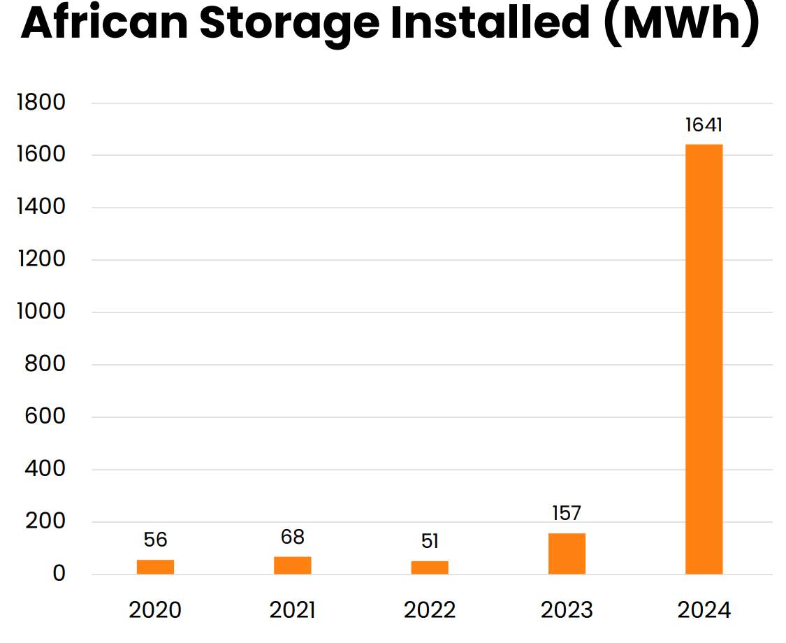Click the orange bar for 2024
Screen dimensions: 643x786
pos(704,359)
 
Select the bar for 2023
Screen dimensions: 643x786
pos(567,554)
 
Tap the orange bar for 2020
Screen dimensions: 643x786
pos(155,567)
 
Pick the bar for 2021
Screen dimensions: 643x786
pos(292,565)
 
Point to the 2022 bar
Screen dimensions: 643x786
pos(430,568)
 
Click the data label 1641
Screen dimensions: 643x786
pos(704,126)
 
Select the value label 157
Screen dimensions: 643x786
pos(566,514)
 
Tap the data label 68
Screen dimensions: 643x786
pos(292,537)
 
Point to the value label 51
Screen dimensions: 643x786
pos(430,542)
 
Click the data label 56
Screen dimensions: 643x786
pos(155,540)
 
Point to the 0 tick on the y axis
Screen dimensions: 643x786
pos(58,574)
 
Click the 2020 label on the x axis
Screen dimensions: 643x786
pos(155,610)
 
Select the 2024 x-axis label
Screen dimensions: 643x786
pos(704,610)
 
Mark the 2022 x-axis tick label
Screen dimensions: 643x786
pos(430,610)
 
